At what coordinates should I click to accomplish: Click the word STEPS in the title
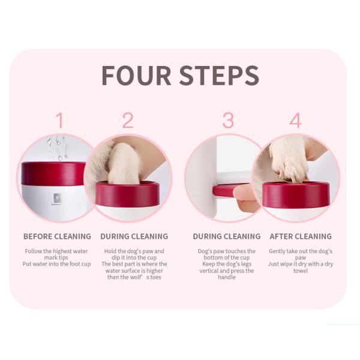218,75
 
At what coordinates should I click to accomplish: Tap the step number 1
59,121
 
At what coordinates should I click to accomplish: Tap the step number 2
127,121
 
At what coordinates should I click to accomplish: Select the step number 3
228,121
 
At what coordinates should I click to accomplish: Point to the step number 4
295,121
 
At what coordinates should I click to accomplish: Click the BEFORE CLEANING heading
57,236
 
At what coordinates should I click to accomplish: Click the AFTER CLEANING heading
301,236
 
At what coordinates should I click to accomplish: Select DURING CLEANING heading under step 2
134,236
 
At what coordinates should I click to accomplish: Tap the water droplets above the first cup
57,146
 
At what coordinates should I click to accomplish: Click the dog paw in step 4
288,159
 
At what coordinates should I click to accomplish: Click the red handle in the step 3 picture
223,191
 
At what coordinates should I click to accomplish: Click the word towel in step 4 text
301,271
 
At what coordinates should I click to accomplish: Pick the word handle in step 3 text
227,277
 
